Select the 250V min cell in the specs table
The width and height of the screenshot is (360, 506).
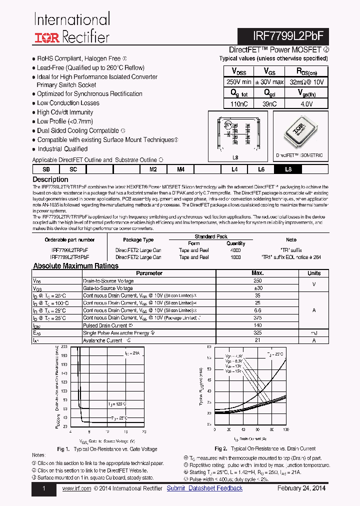238,81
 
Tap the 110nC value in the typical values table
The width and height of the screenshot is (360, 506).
238,104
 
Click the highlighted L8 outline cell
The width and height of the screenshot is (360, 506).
288,169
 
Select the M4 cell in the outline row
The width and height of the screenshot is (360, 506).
180,169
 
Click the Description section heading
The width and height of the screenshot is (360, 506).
50,179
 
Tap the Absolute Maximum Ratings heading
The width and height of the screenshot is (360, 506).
75,266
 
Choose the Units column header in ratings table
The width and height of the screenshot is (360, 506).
314,273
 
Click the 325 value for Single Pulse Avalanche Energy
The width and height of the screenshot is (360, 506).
257,333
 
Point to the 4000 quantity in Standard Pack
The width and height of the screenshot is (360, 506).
236,250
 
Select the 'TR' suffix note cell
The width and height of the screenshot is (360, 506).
291,250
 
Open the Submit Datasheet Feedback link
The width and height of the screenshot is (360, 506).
204,488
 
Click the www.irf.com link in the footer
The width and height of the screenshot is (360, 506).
76,488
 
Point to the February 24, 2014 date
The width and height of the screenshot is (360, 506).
301,488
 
